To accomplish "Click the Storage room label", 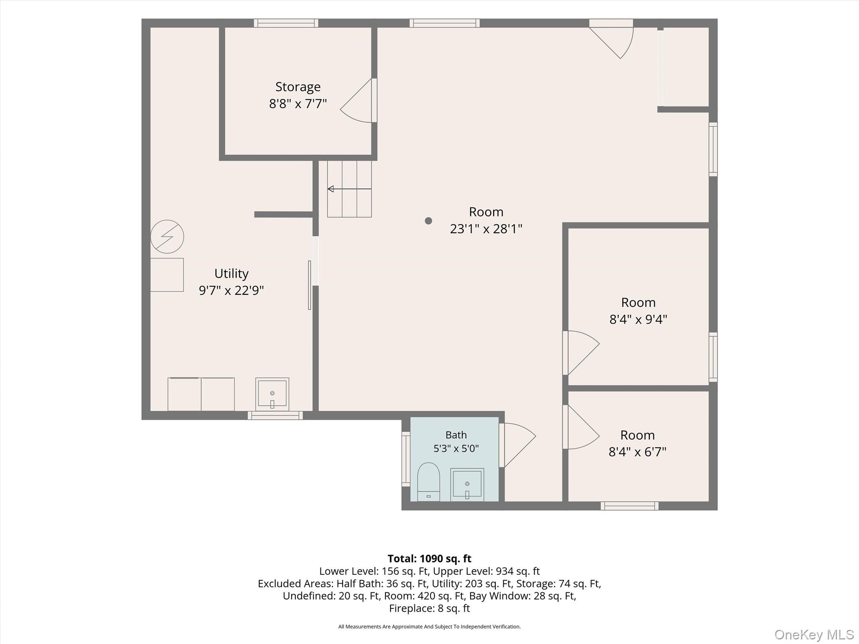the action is [298, 87].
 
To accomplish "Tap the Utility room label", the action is [232, 273].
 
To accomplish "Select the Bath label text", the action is [456, 435].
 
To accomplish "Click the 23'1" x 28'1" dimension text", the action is [486, 229].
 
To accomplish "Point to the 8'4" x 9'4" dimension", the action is [638, 319].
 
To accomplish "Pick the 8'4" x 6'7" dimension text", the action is [638, 452].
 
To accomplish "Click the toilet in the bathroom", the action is [429, 482].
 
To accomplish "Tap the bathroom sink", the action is [467, 485].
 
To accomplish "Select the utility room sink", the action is [272, 394].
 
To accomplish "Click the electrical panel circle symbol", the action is [167, 236].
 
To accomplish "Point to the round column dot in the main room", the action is [428, 221].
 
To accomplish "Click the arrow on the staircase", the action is [349, 189].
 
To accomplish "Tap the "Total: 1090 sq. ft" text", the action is [429, 558].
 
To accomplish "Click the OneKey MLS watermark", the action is [814, 634].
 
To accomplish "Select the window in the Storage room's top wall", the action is [286, 23].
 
